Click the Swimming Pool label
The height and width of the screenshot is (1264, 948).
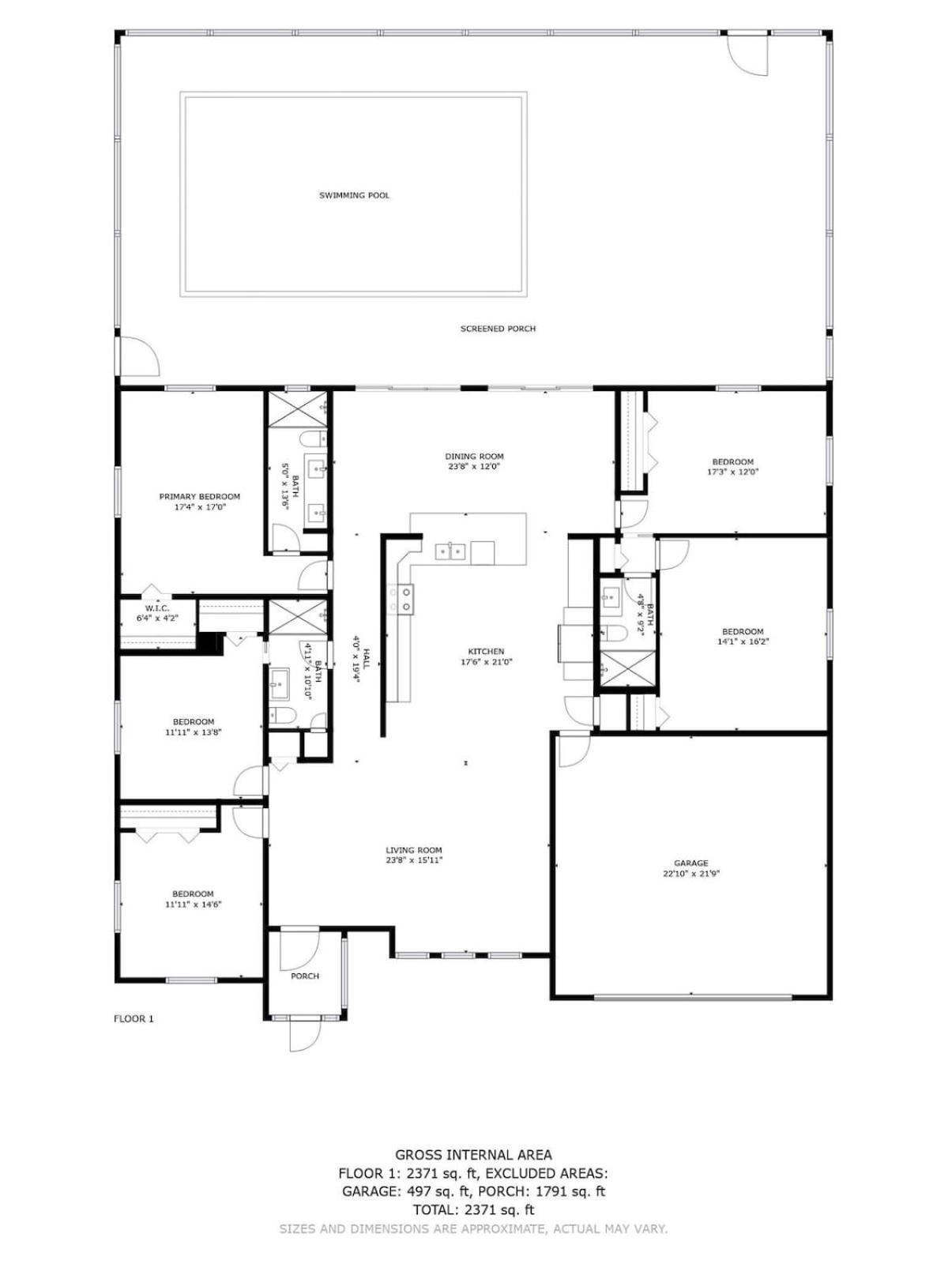354,196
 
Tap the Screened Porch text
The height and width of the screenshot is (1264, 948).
498,329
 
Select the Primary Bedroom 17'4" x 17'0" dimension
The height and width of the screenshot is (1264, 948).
199,507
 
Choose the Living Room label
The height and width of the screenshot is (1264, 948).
414,850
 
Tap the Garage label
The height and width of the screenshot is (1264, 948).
690,863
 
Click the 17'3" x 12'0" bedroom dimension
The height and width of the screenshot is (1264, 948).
733,471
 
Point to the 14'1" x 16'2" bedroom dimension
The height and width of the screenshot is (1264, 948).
743,641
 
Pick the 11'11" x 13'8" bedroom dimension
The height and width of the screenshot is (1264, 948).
194,732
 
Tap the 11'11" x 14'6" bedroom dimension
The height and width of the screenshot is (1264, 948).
194,904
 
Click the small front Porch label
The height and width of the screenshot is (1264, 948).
304,976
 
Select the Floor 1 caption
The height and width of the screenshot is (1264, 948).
134,1018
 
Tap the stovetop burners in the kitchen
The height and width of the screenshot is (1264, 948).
402,599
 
